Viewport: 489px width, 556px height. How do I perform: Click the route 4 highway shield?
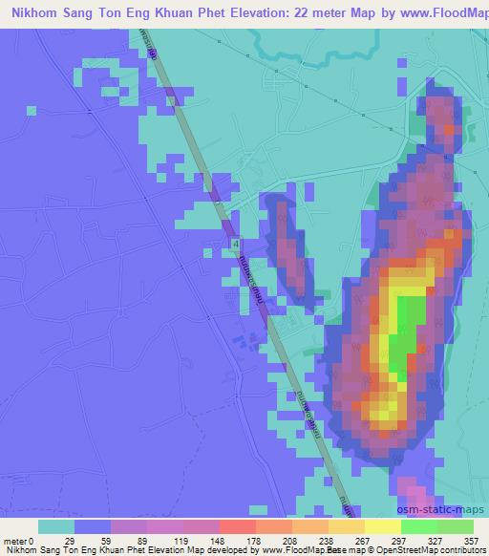[x=235, y=246]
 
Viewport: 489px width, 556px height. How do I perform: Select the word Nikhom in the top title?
[x=37, y=13]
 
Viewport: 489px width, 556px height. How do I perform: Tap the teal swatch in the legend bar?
[x=56, y=526]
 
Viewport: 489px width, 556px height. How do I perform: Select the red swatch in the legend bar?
[x=237, y=526]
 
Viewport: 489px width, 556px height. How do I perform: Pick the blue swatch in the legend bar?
[x=93, y=526]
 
